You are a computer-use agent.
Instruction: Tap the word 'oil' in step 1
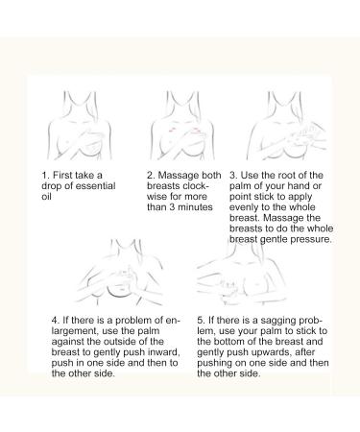click(x=46, y=197)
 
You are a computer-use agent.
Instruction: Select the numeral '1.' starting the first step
click(x=45, y=176)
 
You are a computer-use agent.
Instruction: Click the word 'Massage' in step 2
click(x=179, y=176)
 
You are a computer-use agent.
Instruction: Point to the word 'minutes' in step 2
click(x=195, y=207)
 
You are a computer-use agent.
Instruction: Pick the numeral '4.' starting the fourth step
click(x=56, y=321)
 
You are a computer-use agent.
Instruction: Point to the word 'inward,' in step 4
click(x=164, y=352)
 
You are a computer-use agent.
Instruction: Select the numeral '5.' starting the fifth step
click(x=201, y=321)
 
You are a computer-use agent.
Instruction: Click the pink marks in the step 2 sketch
click(x=173, y=130)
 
